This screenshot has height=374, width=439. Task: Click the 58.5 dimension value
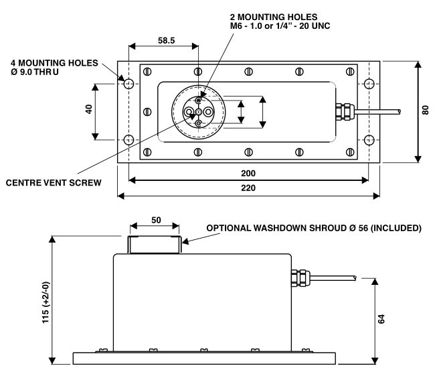coord(167,40)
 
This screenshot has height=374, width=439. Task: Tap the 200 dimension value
coord(248,174)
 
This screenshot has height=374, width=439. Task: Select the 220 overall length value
coord(248,188)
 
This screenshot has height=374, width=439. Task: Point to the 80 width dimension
coord(425,110)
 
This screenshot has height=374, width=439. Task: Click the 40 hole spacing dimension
coord(88,109)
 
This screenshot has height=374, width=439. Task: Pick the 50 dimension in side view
coord(156,220)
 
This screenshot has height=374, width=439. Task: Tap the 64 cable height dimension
coord(381,319)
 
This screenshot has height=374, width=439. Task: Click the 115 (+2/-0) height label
coord(46,302)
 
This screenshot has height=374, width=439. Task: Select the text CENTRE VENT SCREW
coord(54,183)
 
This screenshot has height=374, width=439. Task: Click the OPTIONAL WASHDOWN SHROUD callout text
coord(314,228)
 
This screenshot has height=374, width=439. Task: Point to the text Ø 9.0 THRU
coord(35,72)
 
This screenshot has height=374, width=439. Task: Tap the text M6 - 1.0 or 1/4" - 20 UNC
coord(280,26)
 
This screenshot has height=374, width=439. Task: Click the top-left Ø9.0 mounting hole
coord(128,84)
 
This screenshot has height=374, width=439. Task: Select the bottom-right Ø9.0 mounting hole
coord(369,139)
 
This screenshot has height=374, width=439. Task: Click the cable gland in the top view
coord(345,112)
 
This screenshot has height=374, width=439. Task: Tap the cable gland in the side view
coord(300,278)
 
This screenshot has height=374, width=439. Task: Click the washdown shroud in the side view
coord(155,245)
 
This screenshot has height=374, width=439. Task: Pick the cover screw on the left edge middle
coord(147,112)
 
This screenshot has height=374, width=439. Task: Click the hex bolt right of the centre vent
coord(207,112)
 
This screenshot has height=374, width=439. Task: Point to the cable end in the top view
coord(399,112)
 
